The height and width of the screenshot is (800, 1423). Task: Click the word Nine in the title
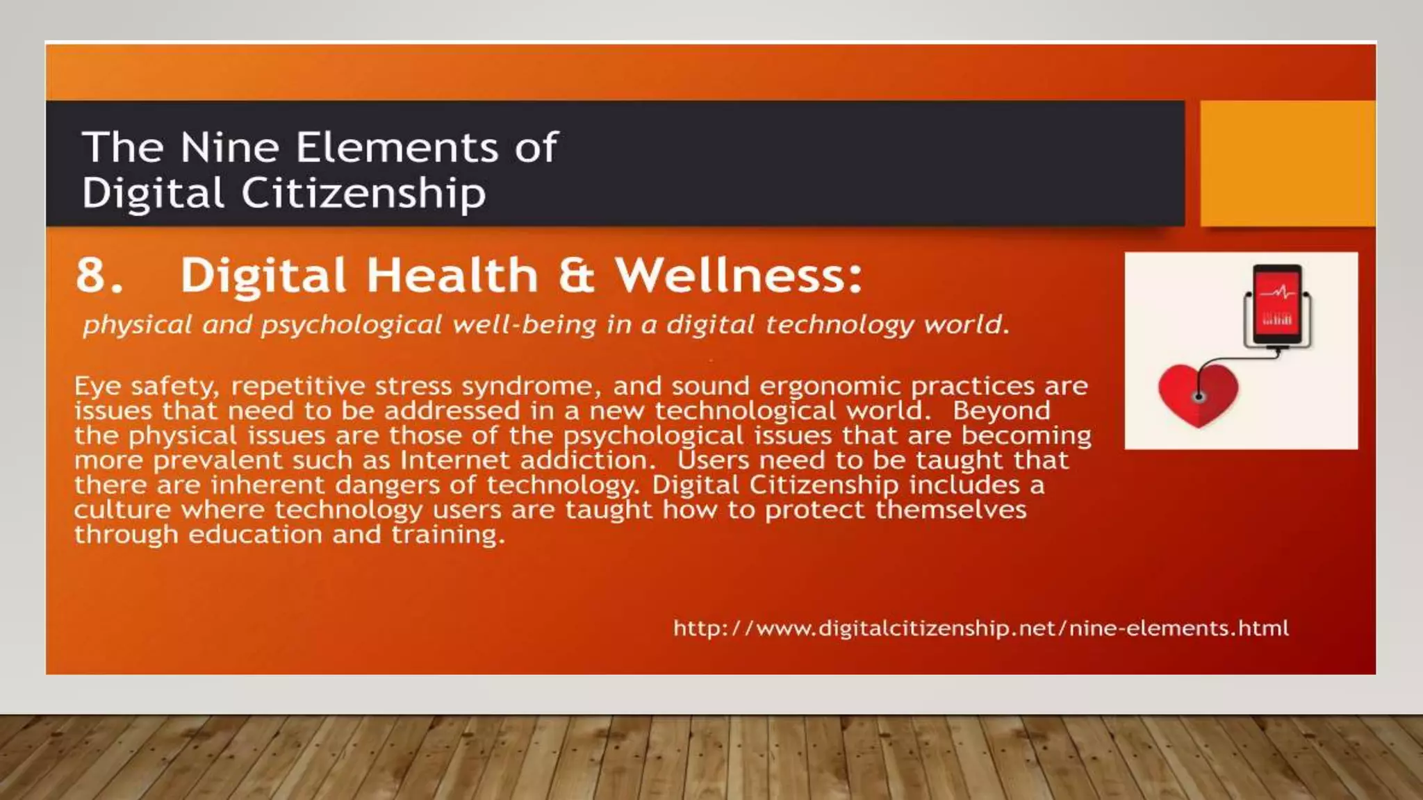(229, 147)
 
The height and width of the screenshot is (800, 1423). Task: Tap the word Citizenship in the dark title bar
(363, 193)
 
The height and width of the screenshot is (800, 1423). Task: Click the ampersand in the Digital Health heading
(576, 275)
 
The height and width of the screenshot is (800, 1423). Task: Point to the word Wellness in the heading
(738, 275)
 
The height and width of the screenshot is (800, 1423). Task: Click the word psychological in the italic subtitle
(352, 325)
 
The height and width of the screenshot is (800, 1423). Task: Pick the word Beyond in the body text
(1001, 410)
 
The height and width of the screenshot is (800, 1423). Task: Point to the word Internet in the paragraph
(454, 460)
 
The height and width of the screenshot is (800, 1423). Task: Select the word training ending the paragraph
(447, 535)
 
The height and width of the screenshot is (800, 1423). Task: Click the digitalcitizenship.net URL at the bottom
(980, 628)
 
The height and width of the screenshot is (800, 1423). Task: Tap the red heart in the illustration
(1198, 394)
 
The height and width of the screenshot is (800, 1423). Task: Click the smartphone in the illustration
(1277, 306)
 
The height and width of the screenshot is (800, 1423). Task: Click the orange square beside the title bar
(1287, 163)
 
